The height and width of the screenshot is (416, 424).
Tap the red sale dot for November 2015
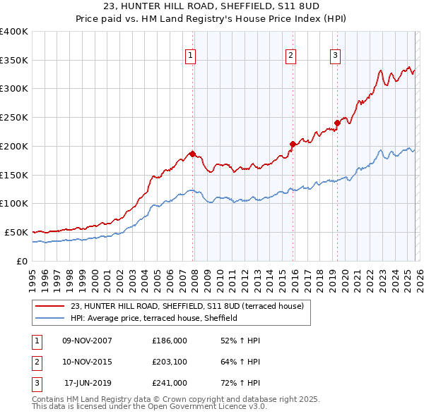tap(292, 144)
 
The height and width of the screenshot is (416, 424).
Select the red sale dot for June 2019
tap(337, 123)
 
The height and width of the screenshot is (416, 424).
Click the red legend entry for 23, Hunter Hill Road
tap(187, 306)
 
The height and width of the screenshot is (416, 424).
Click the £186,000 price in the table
tap(170, 341)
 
